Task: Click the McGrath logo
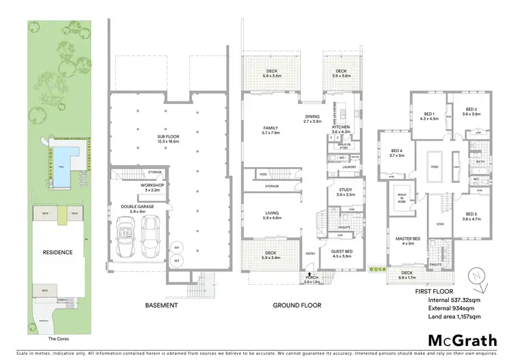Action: (x=459, y=340)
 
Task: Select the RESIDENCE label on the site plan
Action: (x=58, y=252)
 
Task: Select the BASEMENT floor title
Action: (x=162, y=305)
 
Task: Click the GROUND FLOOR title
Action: (x=297, y=305)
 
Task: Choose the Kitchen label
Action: (x=341, y=129)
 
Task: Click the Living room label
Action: (x=272, y=215)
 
